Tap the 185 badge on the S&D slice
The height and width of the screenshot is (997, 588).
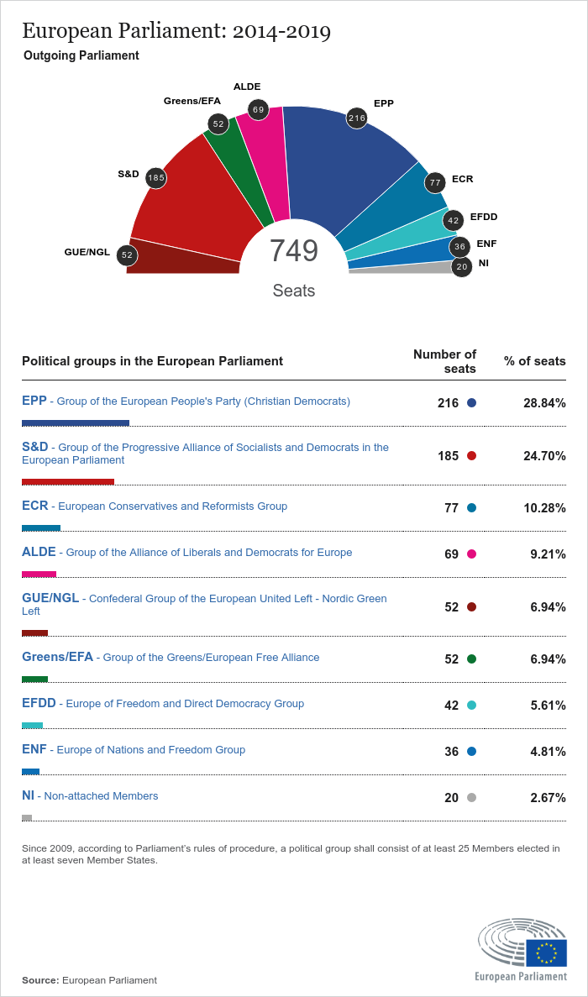click(155, 178)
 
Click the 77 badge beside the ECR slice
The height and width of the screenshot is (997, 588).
click(434, 182)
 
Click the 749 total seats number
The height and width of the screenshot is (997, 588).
click(293, 251)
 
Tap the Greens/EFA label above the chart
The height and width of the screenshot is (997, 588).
click(192, 101)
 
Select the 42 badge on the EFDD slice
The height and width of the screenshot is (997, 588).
click(454, 221)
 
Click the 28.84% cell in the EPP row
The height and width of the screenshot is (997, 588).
click(544, 403)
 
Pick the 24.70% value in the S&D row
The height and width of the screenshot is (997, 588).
click(544, 456)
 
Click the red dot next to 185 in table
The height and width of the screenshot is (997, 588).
click(471, 456)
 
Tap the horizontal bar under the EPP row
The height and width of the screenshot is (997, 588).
click(76, 423)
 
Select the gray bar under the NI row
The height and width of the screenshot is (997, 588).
click(27, 817)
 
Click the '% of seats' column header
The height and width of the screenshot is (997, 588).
click(534, 361)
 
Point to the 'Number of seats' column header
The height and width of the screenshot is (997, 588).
click(445, 361)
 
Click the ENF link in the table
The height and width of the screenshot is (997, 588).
click(35, 749)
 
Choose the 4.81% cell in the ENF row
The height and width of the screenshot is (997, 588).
click(548, 752)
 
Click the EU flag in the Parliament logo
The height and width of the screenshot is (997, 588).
click(547, 952)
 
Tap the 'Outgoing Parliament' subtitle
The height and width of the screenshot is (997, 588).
click(81, 55)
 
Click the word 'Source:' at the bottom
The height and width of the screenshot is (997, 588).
click(40, 980)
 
